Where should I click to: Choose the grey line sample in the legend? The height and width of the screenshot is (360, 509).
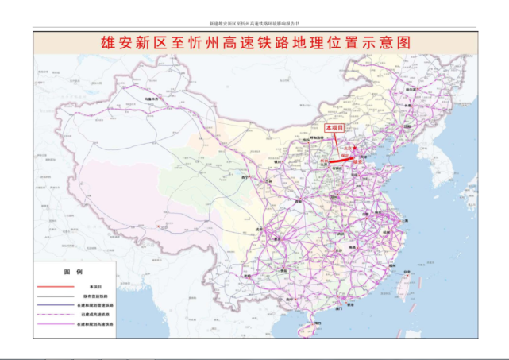[52, 296]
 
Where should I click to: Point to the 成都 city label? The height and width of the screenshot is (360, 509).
[277, 237]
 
